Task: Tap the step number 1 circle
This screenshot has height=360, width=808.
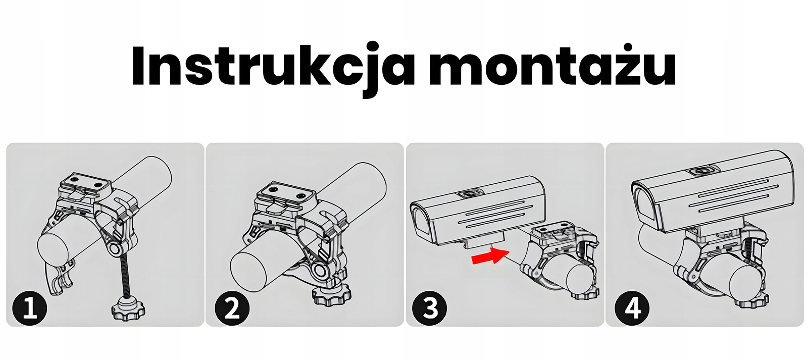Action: pos(29,307)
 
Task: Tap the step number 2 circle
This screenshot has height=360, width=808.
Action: pos(232,307)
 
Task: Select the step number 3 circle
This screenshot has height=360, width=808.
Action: pos(429,307)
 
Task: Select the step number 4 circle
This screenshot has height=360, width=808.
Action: pos(632,307)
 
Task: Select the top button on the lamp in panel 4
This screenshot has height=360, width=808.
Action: pos(702,172)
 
